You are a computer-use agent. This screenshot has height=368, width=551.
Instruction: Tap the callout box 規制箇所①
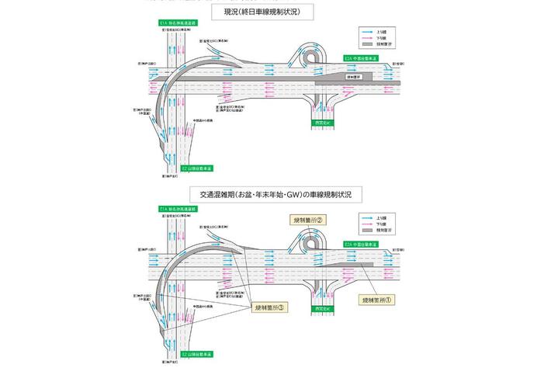coord(379,298)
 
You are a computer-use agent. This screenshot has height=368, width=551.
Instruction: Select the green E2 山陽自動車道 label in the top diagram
coord(197,168)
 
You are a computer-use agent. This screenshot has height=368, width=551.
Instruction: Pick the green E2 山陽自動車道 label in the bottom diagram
coord(198,354)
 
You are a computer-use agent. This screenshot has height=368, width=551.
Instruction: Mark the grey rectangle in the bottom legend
coord(368,231)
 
